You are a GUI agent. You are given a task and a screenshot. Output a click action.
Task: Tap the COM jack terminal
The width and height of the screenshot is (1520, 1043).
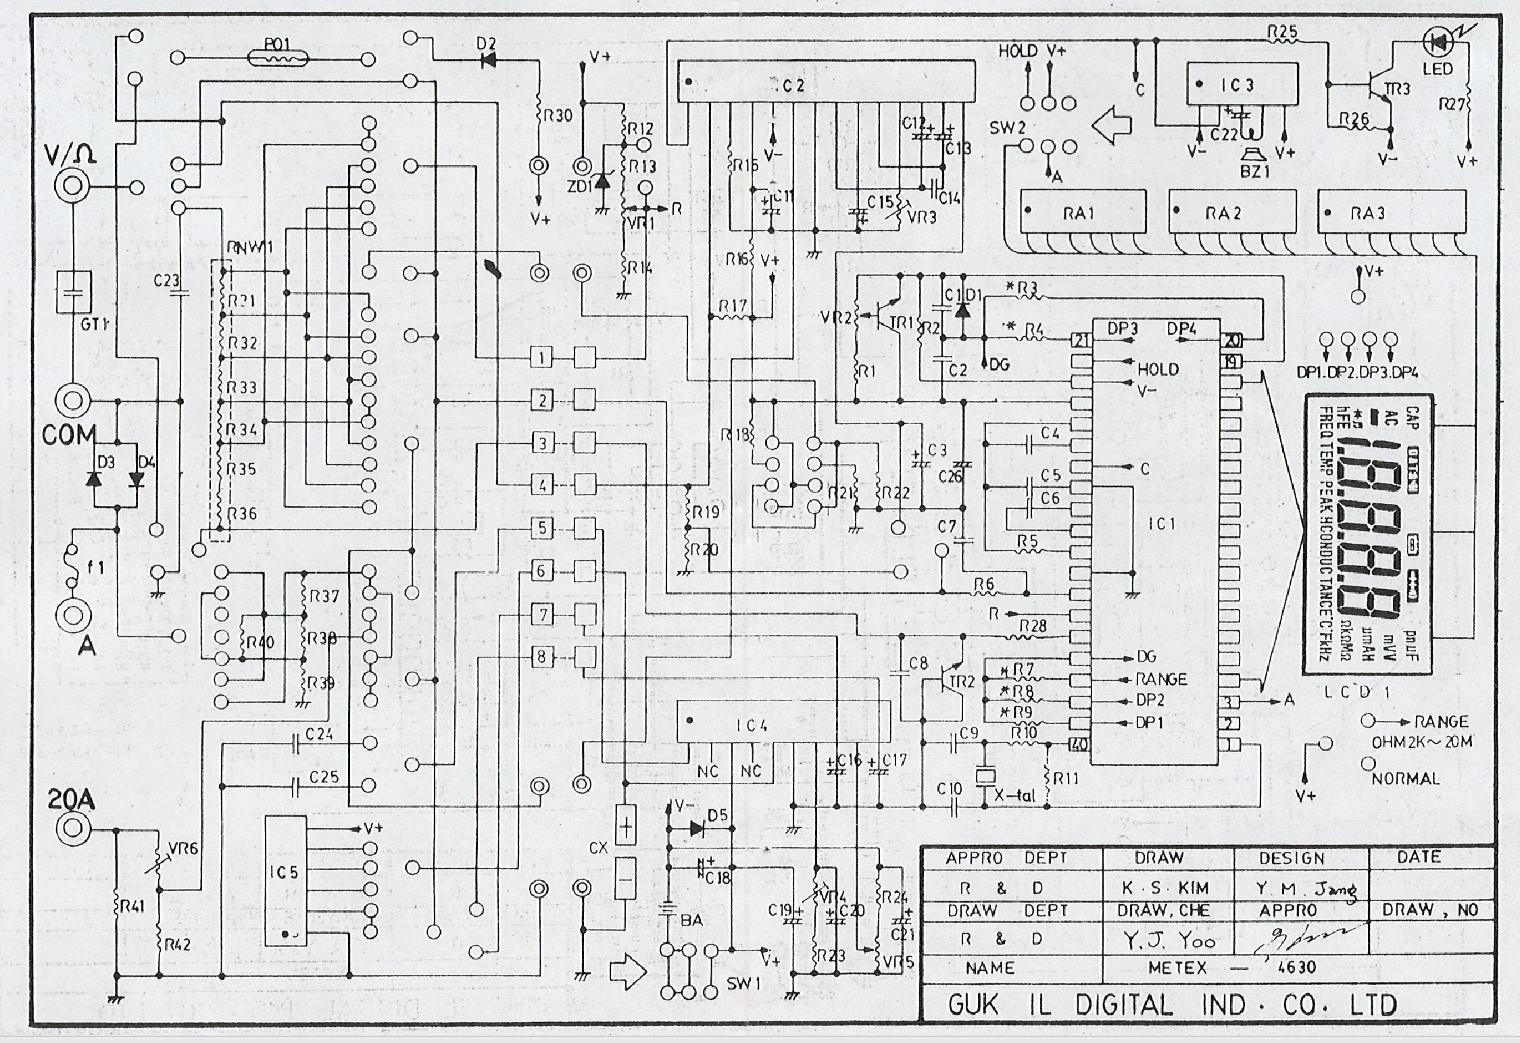point(72,401)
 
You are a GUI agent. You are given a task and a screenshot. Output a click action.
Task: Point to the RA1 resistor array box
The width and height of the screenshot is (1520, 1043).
point(1083,213)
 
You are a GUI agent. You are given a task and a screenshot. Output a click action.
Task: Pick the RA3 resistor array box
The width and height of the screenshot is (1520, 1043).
point(1392,213)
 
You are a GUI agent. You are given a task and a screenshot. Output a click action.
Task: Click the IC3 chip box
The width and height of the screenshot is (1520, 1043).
point(1242,84)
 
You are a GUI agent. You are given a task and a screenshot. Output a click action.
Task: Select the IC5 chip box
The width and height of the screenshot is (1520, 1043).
point(285,880)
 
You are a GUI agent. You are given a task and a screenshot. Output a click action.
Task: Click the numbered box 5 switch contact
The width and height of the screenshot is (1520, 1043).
point(542,528)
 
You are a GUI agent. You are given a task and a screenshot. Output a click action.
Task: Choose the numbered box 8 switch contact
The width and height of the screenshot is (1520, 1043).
point(542,657)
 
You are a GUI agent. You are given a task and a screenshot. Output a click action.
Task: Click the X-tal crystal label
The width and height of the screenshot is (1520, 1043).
point(1015,796)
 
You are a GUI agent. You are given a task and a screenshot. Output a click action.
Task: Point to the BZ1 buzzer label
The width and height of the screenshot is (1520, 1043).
point(1254,172)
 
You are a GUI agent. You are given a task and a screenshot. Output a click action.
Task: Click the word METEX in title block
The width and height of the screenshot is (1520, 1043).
point(1177,968)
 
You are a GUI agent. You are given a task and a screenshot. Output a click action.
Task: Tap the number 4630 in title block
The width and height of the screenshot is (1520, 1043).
point(1297,968)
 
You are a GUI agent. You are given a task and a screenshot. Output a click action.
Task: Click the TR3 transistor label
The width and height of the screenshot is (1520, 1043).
point(1396,88)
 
